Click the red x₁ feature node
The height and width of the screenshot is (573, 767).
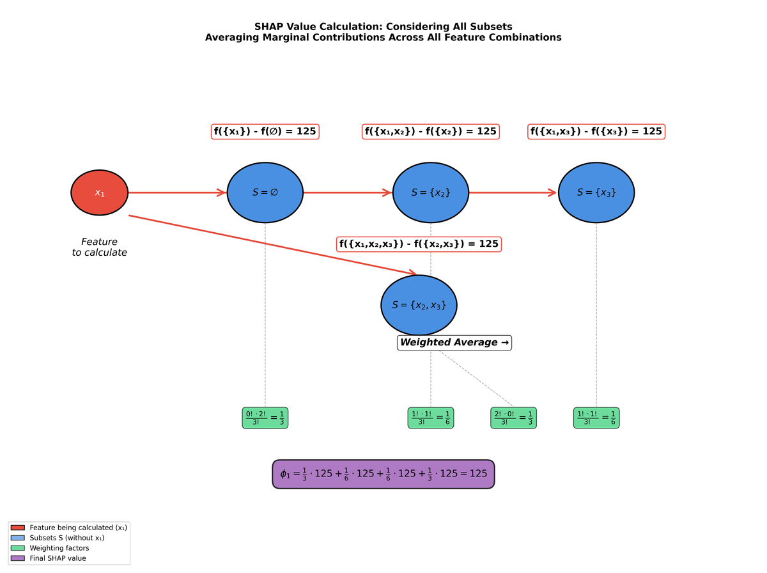[99, 192]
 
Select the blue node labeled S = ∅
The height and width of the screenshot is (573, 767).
[265, 192]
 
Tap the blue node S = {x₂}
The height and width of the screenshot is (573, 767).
[430, 192]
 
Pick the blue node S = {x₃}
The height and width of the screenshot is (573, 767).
[596, 192]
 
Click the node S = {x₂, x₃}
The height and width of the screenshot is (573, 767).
[419, 305]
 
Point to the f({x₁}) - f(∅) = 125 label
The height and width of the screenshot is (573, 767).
[265, 132]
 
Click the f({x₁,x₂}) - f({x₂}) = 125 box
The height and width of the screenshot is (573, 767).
[430, 132]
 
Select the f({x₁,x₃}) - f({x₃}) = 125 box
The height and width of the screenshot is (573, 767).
[596, 132]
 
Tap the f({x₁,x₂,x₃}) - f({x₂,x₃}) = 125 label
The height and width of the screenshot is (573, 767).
[419, 244]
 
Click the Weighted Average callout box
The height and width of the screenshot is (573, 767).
[454, 343]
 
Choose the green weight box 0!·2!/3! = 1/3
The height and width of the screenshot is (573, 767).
[265, 418]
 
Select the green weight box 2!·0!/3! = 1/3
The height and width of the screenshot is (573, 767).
[513, 418]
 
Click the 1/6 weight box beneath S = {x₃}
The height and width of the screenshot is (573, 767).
[596, 418]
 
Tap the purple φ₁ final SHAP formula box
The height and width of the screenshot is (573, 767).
[383, 475]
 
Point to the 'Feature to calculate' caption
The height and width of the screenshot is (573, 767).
[99, 247]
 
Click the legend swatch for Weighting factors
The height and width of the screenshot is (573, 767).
[17, 548]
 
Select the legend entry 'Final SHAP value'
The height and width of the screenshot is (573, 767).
[58, 558]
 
